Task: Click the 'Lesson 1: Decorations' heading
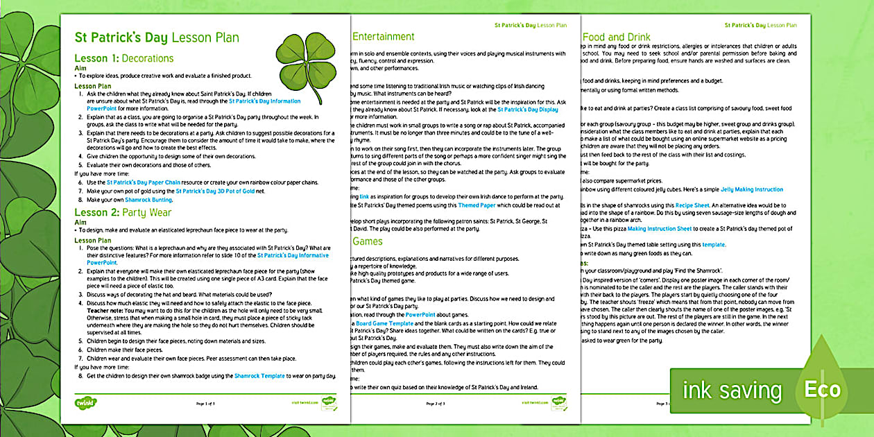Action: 124,58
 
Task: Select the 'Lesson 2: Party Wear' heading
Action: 123,212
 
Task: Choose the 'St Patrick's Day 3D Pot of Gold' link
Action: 216,190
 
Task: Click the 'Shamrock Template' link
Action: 259,375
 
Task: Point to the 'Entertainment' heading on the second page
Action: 384,37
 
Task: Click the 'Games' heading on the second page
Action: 368,242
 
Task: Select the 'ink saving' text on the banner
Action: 731,391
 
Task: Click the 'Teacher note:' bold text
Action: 105,311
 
